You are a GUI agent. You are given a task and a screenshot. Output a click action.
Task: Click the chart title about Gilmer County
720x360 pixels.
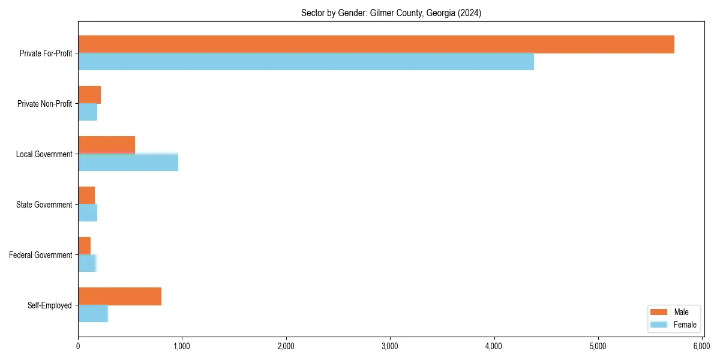coord(391,13)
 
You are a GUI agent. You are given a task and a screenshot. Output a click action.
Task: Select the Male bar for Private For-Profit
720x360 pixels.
coord(376,44)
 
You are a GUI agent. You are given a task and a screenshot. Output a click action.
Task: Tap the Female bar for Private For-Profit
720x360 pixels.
coord(305,62)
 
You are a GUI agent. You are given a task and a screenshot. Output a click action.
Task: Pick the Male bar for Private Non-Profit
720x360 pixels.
coord(89,95)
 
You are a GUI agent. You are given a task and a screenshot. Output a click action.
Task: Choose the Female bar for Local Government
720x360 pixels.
coord(128,163)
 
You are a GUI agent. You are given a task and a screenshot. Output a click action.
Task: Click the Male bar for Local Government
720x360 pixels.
coord(106,145)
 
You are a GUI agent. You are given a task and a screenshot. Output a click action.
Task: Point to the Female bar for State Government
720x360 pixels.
coord(88,213)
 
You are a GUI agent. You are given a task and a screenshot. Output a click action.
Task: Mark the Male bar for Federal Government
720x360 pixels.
coord(84,246)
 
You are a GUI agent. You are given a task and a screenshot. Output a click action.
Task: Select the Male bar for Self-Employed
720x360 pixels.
coord(119,296)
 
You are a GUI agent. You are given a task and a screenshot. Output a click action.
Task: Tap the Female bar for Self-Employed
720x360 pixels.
coord(93,314)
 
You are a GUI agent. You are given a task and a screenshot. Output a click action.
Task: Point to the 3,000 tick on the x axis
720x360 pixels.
coord(390,346)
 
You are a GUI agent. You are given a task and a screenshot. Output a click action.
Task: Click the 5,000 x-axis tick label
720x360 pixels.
coord(598,346)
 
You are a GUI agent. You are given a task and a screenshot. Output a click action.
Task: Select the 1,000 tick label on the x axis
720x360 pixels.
coord(182,346)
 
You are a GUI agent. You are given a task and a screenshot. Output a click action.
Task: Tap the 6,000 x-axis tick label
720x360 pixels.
coord(701,346)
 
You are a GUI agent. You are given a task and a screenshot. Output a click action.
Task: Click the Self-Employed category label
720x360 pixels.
coord(50,305)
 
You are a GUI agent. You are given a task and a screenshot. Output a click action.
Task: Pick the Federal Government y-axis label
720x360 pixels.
coord(41,255)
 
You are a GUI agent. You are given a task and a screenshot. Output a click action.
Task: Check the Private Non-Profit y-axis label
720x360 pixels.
coord(44,104)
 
